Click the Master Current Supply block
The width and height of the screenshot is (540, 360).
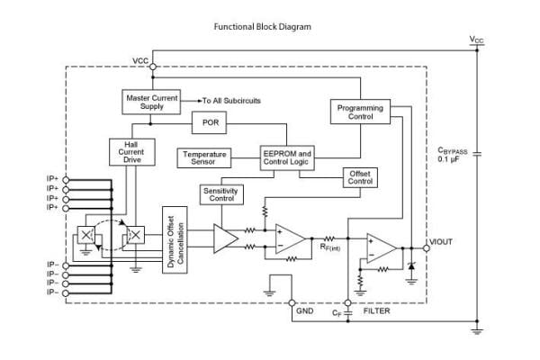click(150, 102)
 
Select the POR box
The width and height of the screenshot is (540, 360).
click(211, 121)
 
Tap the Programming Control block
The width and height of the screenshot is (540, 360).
click(360, 112)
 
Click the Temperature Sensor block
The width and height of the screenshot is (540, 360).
click(204, 158)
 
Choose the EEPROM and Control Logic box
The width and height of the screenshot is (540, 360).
click(287, 158)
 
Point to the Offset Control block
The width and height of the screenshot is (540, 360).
click(359, 176)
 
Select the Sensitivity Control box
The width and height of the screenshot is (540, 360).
click(220, 193)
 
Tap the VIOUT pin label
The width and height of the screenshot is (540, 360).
click(443, 241)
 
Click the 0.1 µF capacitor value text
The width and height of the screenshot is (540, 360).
click(450, 159)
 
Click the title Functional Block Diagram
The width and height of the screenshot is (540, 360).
click(262, 27)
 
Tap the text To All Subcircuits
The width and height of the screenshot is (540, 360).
click(230, 101)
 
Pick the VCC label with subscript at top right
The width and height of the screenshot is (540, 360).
click(477, 40)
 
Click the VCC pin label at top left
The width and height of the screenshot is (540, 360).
click(140, 60)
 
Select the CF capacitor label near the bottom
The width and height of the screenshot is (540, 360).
click(337, 312)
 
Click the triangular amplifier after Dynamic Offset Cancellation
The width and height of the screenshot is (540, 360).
click(225, 238)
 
